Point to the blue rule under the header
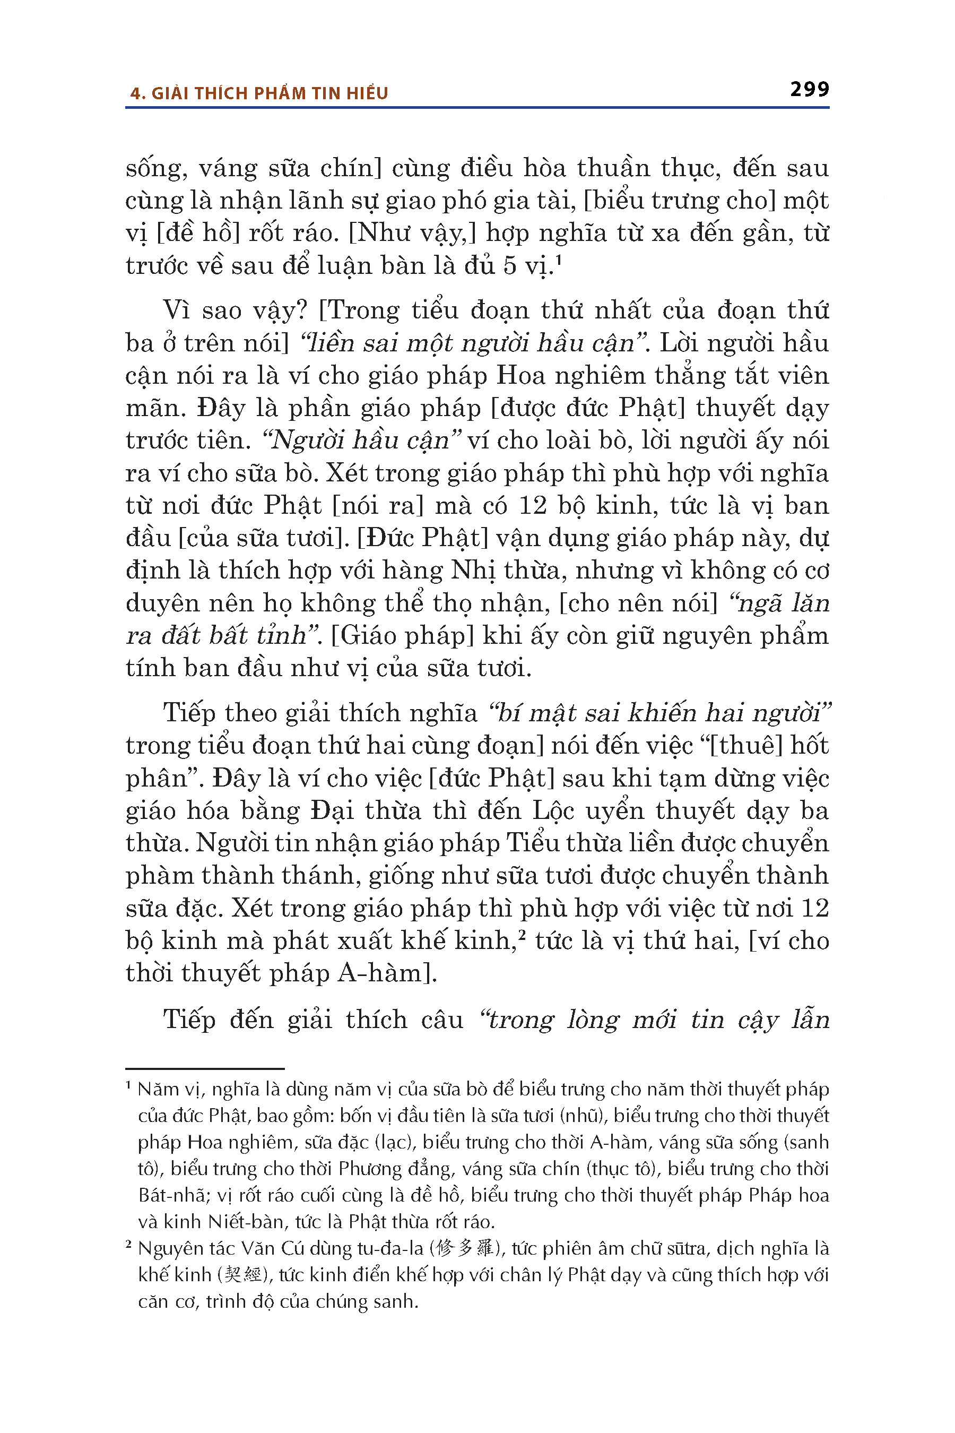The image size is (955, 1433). coord(477,108)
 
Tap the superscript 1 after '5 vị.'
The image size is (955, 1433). coord(559,260)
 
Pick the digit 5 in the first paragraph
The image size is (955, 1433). coord(510,266)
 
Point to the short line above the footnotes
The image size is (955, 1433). coord(205,1069)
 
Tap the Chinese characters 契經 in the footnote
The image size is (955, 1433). coord(242,1275)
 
